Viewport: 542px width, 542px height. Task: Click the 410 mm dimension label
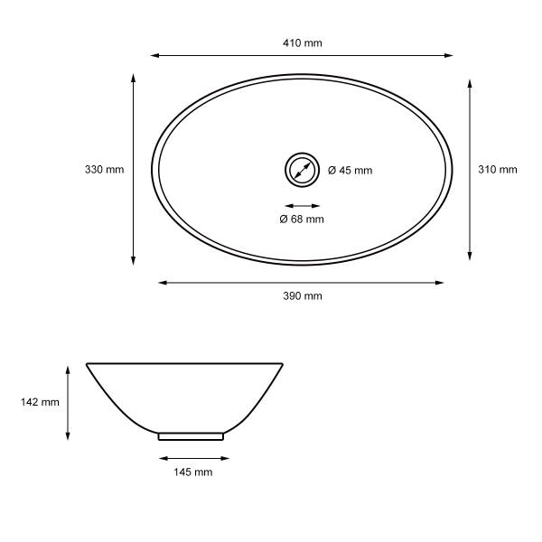pyautogui.click(x=302, y=42)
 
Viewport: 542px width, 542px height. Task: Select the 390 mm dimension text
pyautogui.click(x=302, y=296)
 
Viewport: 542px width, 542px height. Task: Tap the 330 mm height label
pyautogui.click(x=105, y=170)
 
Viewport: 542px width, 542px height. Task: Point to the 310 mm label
pyautogui.click(x=498, y=170)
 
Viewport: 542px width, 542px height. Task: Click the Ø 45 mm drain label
pyautogui.click(x=350, y=170)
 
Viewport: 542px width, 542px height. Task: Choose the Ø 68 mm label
pyautogui.click(x=302, y=219)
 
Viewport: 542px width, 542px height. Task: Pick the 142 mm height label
pyautogui.click(x=40, y=402)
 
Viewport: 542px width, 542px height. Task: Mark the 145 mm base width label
pyautogui.click(x=193, y=472)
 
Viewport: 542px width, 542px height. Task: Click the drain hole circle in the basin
pyautogui.click(x=302, y=154)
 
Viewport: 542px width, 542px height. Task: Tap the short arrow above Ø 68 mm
pyautogui.click(x=302, y=206)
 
